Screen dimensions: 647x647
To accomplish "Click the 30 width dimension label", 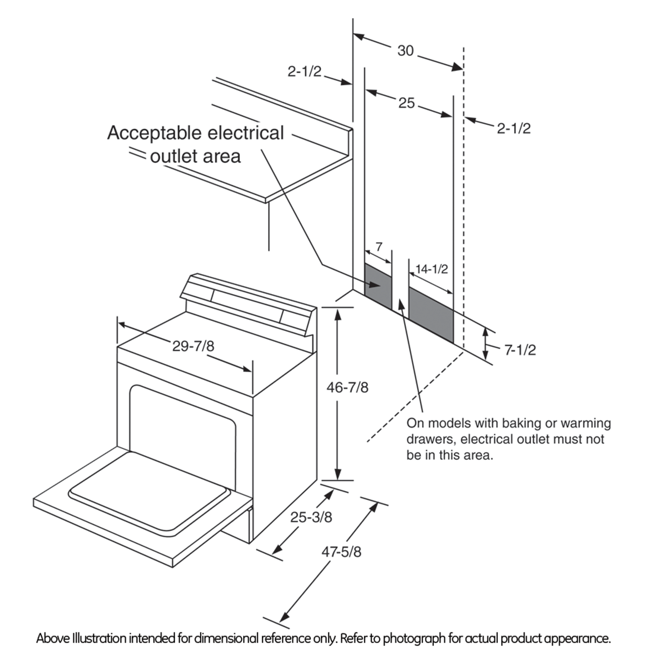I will (x=405, y=51).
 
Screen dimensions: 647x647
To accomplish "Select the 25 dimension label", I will (x=406, y=103).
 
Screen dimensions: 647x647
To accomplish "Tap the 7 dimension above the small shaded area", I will (x=379, y=247).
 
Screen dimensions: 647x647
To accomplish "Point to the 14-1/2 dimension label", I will (x=431, y=269).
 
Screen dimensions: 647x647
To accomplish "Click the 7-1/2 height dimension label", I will (x=520, y=350).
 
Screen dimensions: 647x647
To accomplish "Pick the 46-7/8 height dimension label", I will (x=347, y=387).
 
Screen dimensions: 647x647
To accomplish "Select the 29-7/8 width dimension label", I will (x=193, y=346).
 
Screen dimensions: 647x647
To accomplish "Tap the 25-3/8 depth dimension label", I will (x=311, y=517).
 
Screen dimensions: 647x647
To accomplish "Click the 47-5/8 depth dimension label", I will (x=342, y=551).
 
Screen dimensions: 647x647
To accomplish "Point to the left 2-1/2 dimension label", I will (x=304, y=72).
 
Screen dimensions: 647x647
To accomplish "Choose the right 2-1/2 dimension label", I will (x=514, y=128).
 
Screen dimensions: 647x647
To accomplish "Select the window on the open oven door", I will (x=149, y=493).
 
